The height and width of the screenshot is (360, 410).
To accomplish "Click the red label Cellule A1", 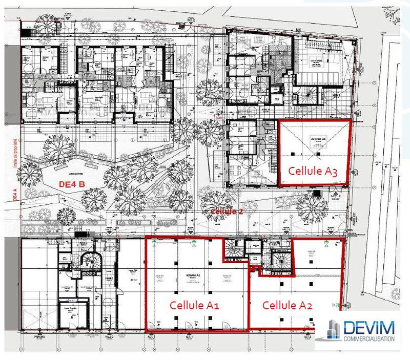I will coord(194,306).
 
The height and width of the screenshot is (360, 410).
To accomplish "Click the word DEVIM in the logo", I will coord(369,327).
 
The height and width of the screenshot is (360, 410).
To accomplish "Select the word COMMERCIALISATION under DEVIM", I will coord(368,338).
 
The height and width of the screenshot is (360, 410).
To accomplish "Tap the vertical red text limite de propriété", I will coord(16,154).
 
